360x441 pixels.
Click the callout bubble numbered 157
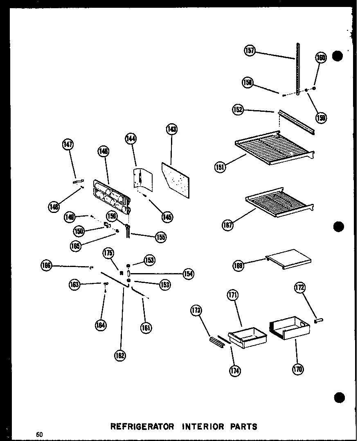250,51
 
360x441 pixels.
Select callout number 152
238,110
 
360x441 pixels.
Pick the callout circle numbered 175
108,253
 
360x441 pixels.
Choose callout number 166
47,265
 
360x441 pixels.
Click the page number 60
39,434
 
